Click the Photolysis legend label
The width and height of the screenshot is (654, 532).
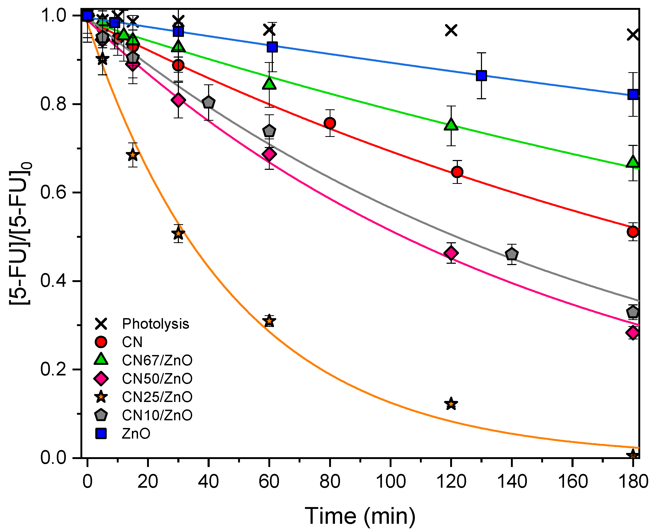tap(155, 324)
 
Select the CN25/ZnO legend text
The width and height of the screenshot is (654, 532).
tap(157, 397)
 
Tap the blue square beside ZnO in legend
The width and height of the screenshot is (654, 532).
tap(101, 434)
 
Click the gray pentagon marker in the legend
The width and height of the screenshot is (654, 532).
tap(101, 415)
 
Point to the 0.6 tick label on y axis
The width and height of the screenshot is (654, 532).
tap(53, 193)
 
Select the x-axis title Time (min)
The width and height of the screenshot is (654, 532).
tap(360, 516)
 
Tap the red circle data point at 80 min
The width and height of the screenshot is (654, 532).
tap(330, 123)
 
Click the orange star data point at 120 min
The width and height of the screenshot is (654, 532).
tap(451, 404)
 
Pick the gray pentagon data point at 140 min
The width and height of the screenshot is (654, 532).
tap(511, 254)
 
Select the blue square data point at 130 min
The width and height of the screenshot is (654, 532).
tap(481, 75)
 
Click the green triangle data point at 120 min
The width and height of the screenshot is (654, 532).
tap(451, 125)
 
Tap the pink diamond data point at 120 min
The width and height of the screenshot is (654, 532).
tap(451, 253)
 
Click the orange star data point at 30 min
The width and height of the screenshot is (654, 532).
tap(178, 234)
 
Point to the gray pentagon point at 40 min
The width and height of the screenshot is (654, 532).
tap(209, 102)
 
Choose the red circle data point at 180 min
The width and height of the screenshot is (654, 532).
tap(633, 232)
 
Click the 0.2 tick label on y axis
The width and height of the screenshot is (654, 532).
tap(53, 369)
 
